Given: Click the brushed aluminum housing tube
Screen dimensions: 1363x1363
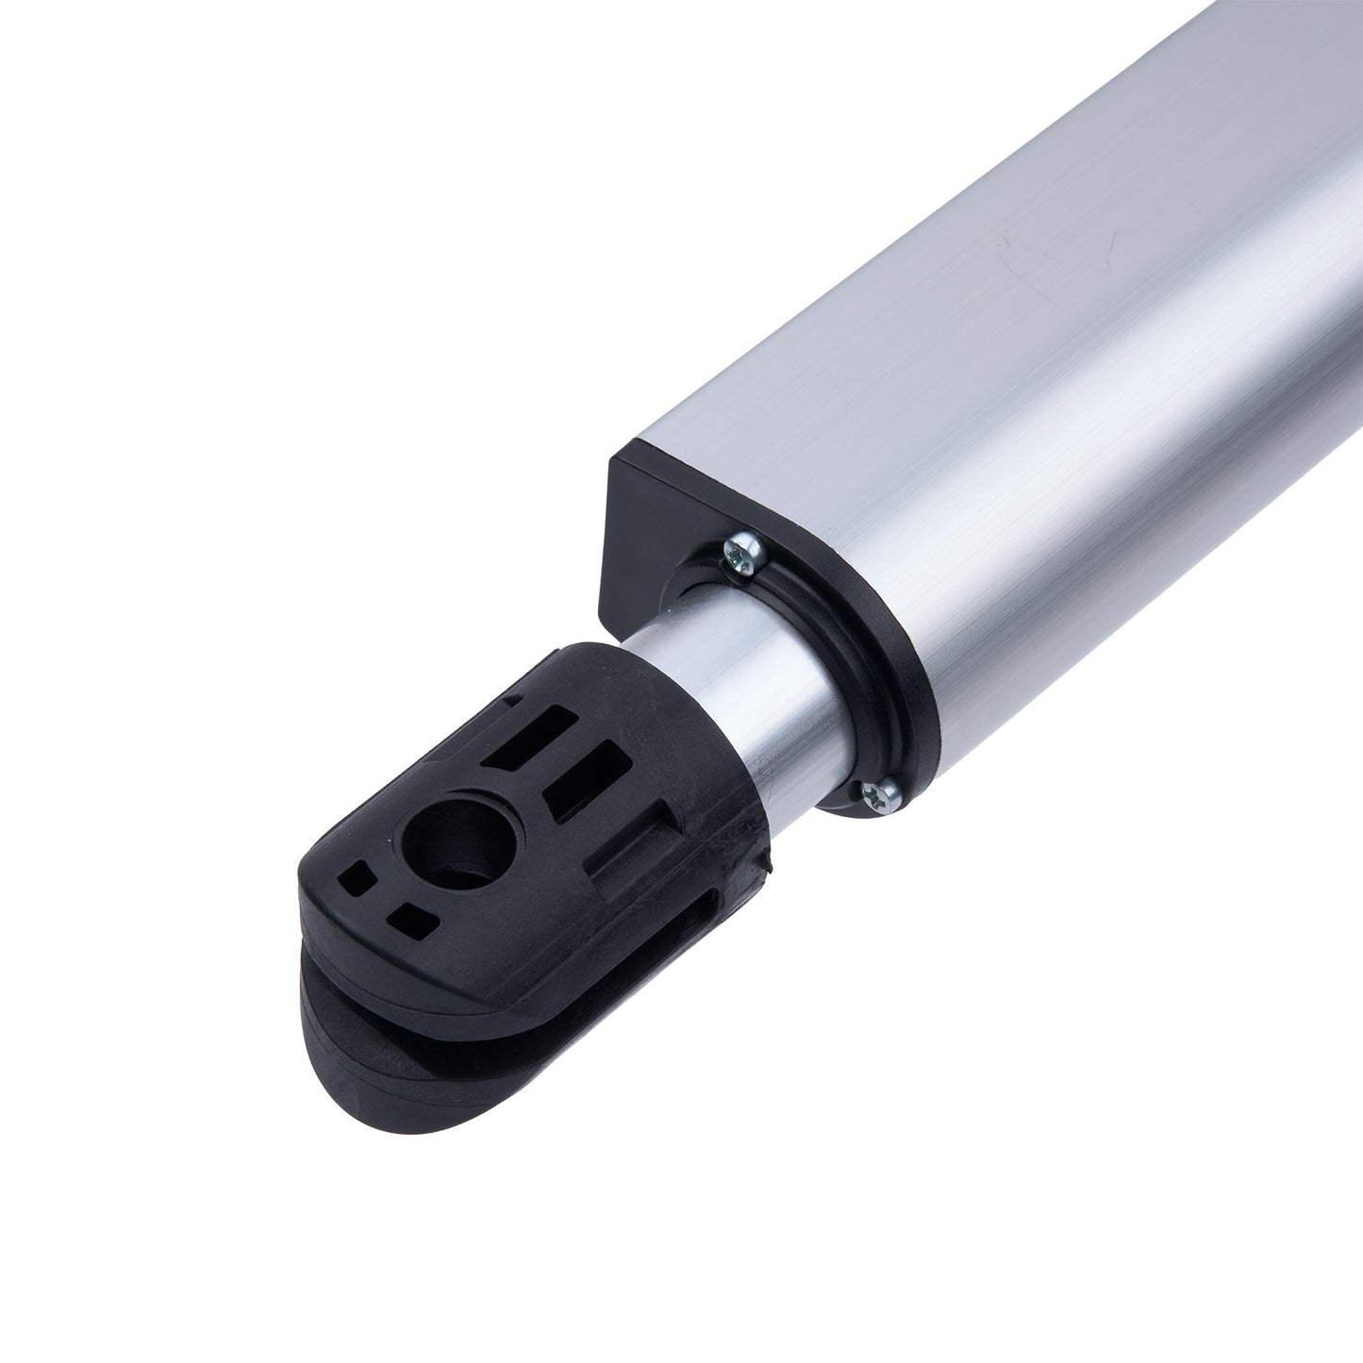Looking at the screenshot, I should point(990,377).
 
